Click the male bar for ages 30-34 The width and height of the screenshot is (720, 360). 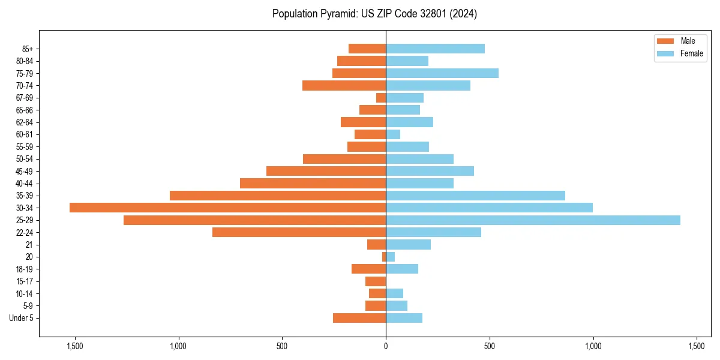point(228,208)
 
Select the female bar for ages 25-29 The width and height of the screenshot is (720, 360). point(533,220)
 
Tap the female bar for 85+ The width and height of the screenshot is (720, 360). point(435,49)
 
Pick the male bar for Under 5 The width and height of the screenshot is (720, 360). point(359,318)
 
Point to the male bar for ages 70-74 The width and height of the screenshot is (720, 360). point(344,85)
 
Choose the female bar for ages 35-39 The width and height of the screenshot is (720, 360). point(475,196)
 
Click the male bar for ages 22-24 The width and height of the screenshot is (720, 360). point(299,232)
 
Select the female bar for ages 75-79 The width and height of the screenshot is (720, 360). point(442,73)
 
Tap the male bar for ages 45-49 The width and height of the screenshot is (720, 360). point(326,171)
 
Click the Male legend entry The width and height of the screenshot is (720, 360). point(679,41)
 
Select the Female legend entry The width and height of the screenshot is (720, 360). point(679,53)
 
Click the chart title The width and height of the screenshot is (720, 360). point(374,14)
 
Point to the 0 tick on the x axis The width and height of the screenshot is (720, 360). point(386,346)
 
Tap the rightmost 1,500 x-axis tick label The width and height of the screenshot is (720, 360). point(697,346)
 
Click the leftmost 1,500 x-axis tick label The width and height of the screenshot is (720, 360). point(75,346)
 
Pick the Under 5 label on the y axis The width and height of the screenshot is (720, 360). point(21,318)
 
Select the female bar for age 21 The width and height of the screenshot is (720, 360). point(408,245)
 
